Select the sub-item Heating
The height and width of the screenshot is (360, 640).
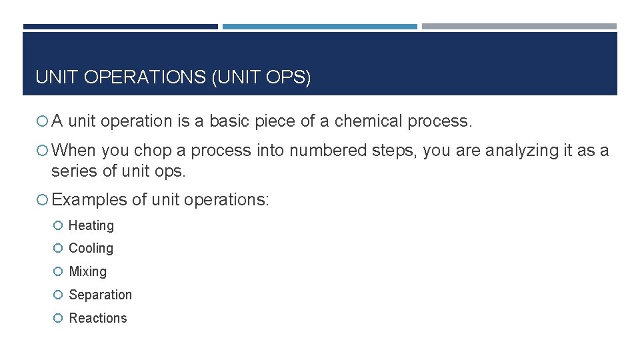tap(91, 225)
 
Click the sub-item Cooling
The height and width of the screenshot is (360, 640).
tap(91, 248)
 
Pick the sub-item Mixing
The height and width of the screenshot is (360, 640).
tap(87, 271)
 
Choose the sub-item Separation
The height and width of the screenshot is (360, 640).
tap(100, 295)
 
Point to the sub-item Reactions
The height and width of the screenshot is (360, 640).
tap(97, 318)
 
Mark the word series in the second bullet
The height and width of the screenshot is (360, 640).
tap(74, 171)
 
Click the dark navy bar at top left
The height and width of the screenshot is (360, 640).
tap(120, 27)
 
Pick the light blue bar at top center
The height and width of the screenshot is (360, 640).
tap(319, 27)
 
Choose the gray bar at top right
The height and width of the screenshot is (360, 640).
tap(519, 27)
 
